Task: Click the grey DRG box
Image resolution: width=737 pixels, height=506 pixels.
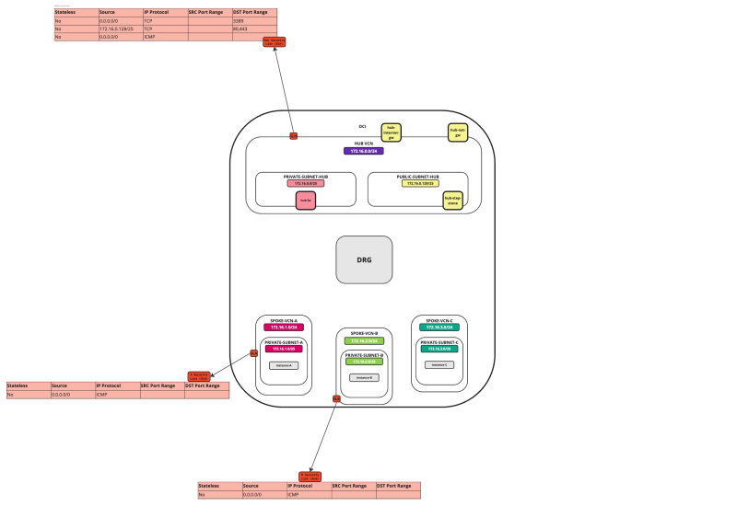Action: pos(364,259)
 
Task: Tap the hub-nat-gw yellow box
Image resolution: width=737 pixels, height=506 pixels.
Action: pos(457,132)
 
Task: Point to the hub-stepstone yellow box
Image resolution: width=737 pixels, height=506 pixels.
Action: pos(452,200)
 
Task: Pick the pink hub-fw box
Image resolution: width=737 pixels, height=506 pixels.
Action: pos(306,200)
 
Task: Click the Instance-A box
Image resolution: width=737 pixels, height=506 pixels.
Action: pos(284,365)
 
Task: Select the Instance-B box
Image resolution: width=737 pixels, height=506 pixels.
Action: pos(364,377)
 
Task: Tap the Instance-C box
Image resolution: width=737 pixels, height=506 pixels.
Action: pos(439,365)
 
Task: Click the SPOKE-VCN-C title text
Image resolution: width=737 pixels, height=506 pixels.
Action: pos(439,320)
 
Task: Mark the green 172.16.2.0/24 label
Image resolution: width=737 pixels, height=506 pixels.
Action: pos(364,340)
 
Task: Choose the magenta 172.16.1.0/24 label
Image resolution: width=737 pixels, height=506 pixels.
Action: pos(283,328)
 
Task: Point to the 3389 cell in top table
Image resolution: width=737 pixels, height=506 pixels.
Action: pos(253,19)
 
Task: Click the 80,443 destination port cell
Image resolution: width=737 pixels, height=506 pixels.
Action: pos(253,28)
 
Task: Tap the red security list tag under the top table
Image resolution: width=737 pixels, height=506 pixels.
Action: pos(275,41)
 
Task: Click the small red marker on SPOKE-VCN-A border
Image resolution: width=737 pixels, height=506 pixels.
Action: pos(253,353)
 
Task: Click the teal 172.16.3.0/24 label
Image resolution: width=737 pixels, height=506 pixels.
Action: pos(439,328)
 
